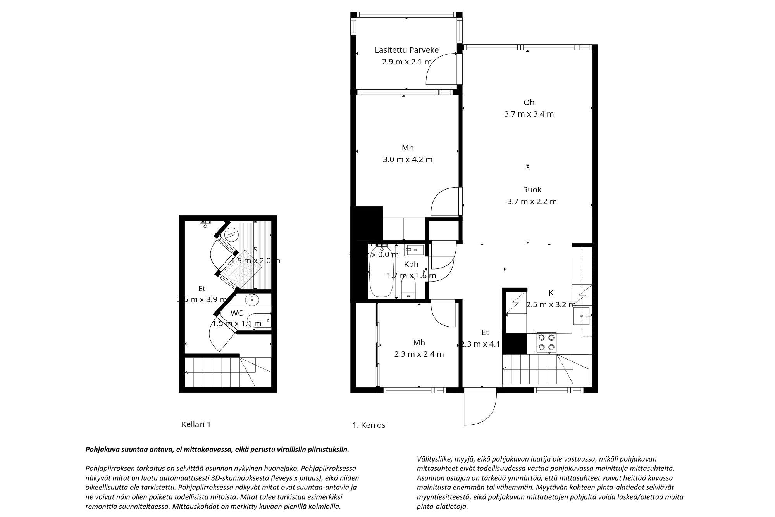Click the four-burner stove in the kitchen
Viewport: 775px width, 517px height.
546,342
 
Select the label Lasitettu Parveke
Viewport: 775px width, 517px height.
406,50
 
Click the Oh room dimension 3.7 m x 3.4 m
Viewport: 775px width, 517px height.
529,114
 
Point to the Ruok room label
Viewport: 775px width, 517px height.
532,190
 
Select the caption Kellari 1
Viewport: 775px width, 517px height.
196,424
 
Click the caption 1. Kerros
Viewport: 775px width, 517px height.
369,425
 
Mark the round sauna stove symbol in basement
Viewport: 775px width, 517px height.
231,235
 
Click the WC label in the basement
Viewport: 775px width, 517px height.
236,313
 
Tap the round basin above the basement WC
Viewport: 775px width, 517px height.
252,299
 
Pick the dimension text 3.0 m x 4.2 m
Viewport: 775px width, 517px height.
407,159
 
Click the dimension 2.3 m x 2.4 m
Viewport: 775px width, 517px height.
419,354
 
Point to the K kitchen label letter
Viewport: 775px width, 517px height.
551,293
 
